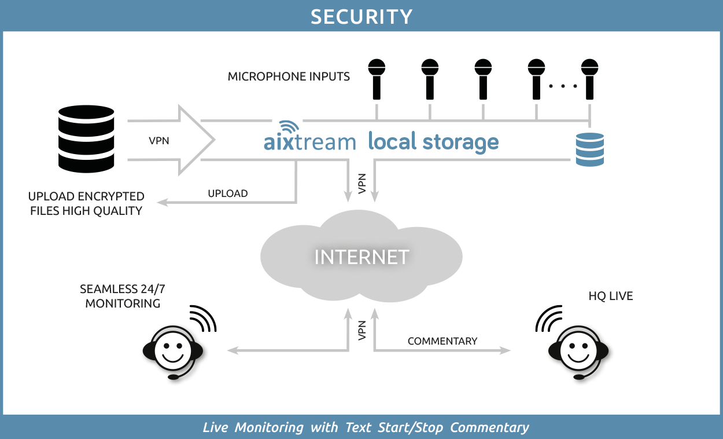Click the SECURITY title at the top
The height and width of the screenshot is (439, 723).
(361, 16)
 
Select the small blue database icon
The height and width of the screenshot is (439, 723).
(589, 149)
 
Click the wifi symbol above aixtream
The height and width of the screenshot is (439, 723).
(287, 128)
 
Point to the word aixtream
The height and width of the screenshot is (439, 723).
(309, 142)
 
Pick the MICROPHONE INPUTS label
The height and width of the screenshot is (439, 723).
(289, 76)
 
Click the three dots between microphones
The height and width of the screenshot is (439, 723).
(563, 86)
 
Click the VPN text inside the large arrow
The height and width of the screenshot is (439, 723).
(159, 140)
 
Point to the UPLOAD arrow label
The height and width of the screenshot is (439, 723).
(228, 193)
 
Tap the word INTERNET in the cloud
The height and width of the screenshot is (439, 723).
(361, 257)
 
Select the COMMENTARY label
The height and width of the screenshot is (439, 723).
(442, 341)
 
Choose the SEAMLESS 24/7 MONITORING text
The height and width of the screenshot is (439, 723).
(123, 296)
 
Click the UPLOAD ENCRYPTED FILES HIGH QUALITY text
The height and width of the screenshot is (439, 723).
(86, 204)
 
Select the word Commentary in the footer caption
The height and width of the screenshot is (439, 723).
(489, 428)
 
